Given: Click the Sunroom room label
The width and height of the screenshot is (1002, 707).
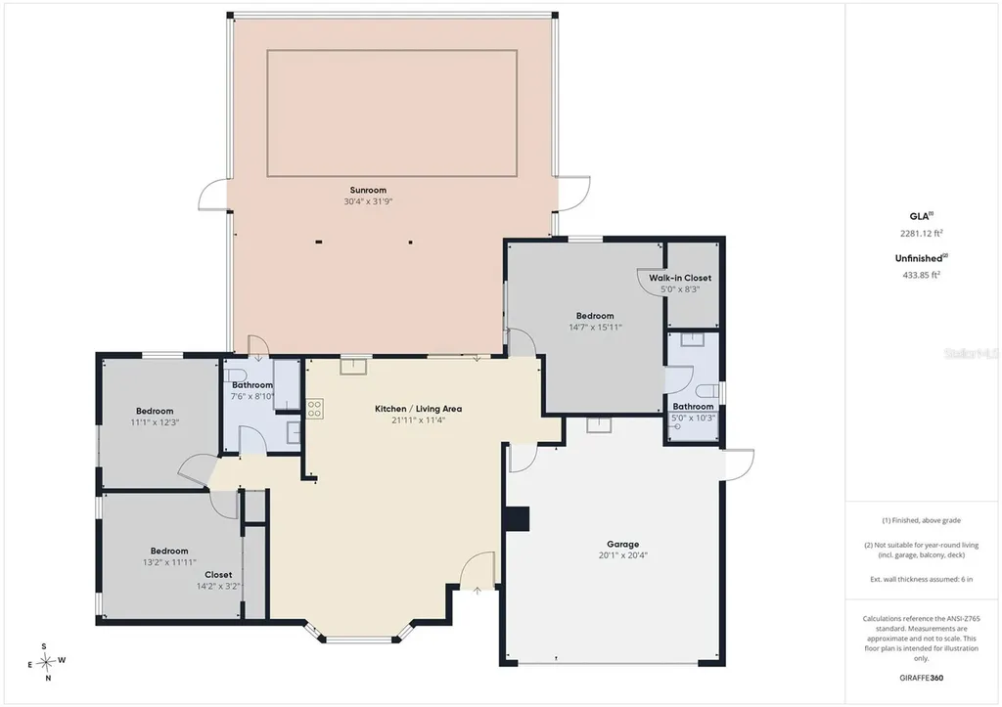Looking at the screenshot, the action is pos(368,190).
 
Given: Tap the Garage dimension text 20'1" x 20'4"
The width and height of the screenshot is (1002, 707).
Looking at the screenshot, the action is pos(623,555).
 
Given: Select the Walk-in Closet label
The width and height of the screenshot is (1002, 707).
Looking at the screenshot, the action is pos(680,278).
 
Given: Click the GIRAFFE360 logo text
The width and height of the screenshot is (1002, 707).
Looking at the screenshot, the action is pos(921,678).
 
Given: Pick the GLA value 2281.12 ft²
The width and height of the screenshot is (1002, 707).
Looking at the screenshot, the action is pos(922,233).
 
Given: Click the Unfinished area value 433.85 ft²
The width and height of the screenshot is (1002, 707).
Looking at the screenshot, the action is pos(921,275).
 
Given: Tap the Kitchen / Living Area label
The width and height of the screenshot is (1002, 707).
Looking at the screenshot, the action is pos(419,409).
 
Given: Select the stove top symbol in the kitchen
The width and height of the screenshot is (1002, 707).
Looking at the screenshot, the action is pos(314,409).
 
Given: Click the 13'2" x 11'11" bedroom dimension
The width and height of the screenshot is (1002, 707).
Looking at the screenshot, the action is pos(169,562).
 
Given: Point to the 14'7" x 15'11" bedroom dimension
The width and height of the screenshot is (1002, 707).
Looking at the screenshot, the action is pos(595,327).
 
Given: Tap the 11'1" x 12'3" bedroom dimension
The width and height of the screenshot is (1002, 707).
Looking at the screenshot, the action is pos(155,422).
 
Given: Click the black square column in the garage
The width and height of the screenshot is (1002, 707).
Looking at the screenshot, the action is pos(517,519).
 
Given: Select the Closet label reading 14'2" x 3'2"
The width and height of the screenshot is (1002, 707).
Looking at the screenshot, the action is pos(218,580).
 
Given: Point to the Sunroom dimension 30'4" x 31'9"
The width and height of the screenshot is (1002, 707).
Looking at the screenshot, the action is pos(368,201).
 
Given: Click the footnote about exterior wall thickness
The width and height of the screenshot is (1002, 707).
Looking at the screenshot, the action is pos(922,579).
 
